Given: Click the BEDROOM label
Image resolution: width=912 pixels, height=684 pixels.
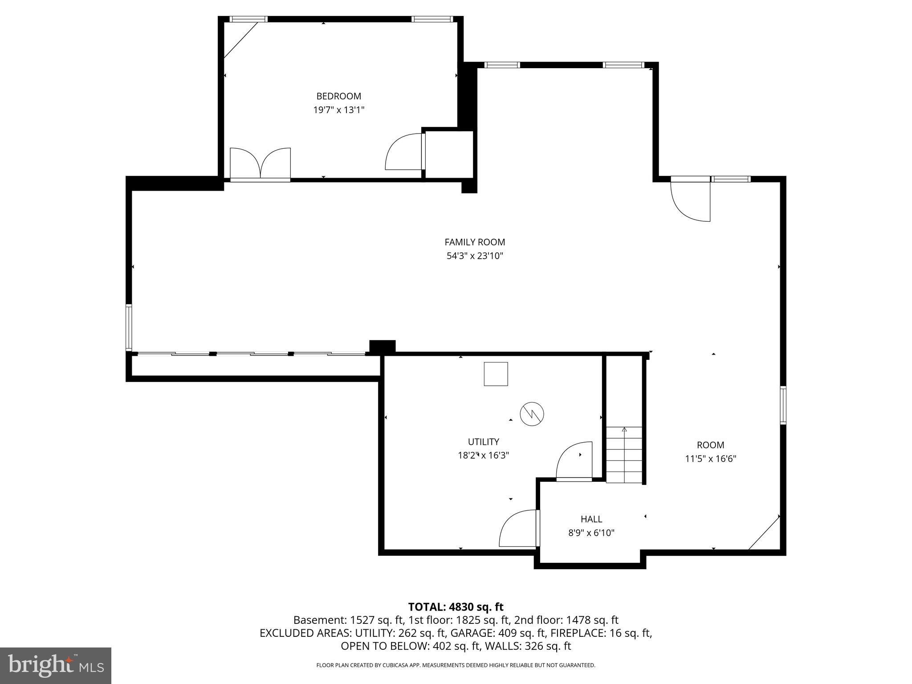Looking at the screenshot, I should [338, 96].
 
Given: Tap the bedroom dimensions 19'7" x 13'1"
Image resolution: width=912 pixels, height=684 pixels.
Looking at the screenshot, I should [338, 110].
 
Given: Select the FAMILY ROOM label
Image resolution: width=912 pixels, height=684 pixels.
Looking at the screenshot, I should [475, 242].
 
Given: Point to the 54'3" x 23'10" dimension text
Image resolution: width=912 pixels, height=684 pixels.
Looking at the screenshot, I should [475, 256].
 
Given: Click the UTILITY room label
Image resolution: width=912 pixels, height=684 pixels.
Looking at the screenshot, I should [483, 442].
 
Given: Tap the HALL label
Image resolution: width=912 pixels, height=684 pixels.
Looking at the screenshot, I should [591, 519].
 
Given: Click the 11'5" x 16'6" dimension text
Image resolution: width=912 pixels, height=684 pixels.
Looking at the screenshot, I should [710, 459].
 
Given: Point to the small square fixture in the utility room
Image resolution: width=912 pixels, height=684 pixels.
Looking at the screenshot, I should [496, 374].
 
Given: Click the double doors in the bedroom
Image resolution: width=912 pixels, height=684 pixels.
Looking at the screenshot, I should [261, 164].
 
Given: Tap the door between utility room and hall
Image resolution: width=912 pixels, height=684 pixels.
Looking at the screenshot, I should [519, 529].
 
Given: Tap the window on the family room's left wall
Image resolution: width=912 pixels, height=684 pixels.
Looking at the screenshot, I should [129, 328].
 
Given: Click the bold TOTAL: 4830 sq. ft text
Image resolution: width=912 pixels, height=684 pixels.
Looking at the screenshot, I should [456, 607].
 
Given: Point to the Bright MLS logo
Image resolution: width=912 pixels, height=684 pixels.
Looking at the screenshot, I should [56, 665].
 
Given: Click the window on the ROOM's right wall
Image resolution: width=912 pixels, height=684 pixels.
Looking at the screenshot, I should [783, 405].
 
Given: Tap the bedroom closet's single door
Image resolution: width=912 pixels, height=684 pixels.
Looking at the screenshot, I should [404, 152].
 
